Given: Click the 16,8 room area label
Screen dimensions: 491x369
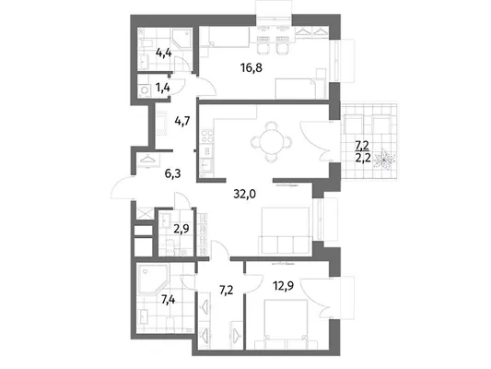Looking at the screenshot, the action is coord(251,67).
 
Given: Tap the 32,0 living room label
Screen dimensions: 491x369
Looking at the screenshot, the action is coord(244,195).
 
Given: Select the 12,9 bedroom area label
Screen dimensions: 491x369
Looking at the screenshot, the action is coord(283,286).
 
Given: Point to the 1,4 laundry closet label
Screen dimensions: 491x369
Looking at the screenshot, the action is coord(163,88).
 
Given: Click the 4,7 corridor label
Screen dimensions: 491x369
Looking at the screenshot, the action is coord(182,121).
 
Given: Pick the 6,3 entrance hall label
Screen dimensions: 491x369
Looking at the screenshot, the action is coord(173,173).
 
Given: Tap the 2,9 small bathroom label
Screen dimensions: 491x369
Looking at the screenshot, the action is coord(181,229).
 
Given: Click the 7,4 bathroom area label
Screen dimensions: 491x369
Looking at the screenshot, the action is coord(168,300).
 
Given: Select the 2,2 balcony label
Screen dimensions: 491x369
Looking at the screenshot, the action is coord(363,158).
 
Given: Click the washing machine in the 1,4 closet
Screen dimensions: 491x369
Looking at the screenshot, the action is coord(145,90).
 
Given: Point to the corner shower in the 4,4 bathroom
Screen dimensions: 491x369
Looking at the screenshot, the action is coord(181,39).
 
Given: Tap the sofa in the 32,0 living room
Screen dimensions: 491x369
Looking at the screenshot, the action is coord(286,230).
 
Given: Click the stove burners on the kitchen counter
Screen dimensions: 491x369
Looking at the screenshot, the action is coord(207,137).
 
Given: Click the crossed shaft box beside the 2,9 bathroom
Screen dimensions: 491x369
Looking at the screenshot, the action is coord(145,213).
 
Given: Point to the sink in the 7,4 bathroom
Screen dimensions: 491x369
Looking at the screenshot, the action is coord(144,316).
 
